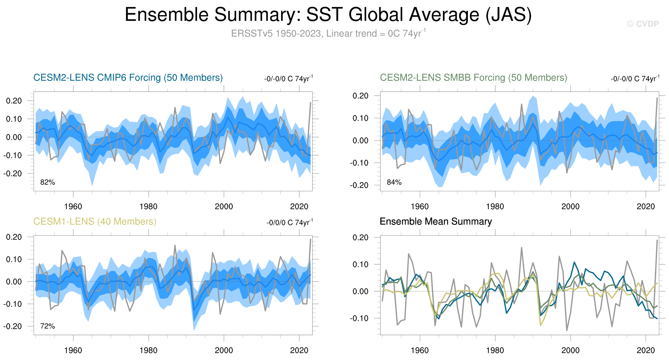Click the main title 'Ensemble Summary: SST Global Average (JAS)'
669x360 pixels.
click(328, 15)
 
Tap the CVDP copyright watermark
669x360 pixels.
click(643, 24)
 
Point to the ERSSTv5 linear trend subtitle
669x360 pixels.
click(328, 33)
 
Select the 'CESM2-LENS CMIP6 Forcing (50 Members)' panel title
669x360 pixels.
click(128, 78)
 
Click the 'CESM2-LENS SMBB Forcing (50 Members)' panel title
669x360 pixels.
click(473, 78)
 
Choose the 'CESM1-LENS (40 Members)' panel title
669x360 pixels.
click(95, 222)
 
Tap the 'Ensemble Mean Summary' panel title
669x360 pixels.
click(435, 222)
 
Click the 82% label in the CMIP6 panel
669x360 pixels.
click(47, 182)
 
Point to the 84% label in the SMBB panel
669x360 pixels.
click(394, 182)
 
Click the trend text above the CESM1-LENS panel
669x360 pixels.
click(290, 222)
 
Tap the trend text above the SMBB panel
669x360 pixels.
click(635, 78)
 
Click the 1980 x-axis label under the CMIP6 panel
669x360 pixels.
click(148, 207)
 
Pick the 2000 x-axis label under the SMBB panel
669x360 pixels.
click(570, 207)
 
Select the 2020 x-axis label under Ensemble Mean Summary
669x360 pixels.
click(646, 350)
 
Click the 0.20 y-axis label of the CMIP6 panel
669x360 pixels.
click(14, 101)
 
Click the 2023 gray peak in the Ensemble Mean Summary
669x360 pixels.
click(657, 240)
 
